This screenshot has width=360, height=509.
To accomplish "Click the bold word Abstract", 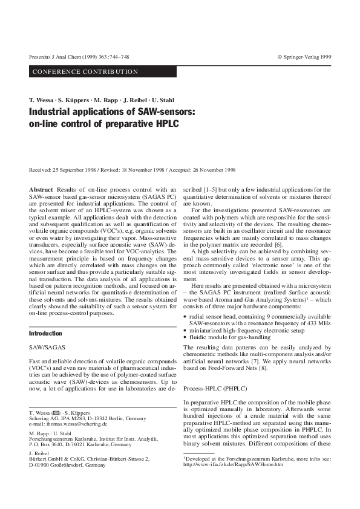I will click(x=41, y=190).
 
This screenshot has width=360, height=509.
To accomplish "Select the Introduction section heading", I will click(x=46, y=333).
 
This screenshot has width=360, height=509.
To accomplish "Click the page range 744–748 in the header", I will click(x=116, y=56).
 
